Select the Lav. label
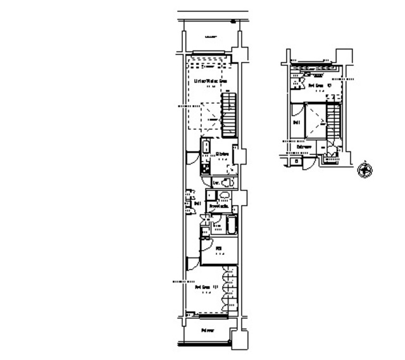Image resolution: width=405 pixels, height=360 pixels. tap(216, 183)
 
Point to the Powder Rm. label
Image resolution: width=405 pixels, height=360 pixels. tap(219, 206)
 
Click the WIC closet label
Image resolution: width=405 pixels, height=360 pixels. tap(218, 249)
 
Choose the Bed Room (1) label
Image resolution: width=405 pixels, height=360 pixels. tap(207, 287)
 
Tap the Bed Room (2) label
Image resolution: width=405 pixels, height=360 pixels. tap(316, 84)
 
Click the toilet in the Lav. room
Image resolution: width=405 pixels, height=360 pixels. tap(227, 183)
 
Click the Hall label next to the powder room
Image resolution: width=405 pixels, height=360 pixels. tap(197, 204)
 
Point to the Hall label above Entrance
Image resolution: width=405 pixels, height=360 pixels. tap(296, 122)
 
